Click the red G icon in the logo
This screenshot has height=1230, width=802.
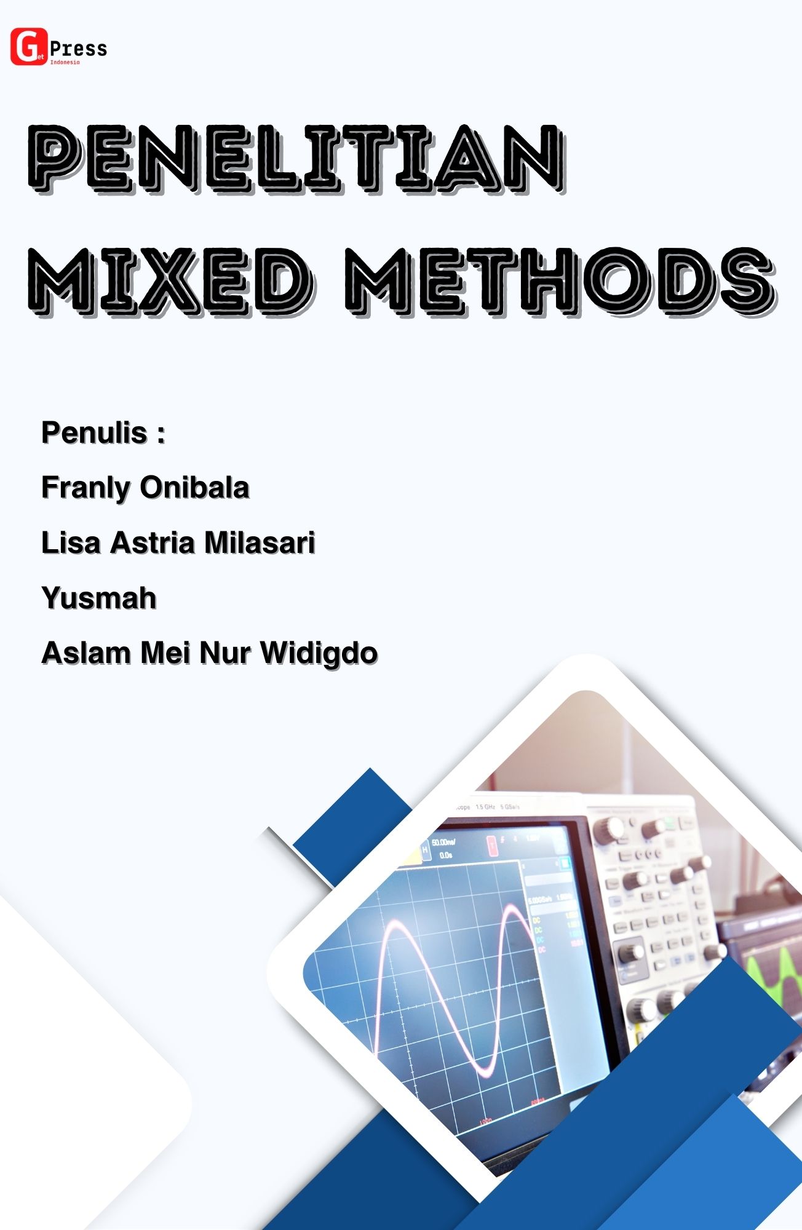[x=28, y=47]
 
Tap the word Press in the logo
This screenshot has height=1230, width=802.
[x=79, y=48]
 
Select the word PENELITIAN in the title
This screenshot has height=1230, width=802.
[x=296, y=158]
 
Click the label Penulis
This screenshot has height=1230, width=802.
[x=94, y=433]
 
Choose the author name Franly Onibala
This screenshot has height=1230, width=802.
[x=145, y=488]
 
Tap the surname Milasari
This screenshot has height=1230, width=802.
[x=260, y=543]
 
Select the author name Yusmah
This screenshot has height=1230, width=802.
[x=99, y=598]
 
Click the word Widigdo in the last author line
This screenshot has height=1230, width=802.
[x=319, y=653]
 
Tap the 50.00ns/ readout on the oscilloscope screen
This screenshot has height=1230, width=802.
[x=443, y=843]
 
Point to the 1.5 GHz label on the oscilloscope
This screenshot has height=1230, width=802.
[x=485, y=806]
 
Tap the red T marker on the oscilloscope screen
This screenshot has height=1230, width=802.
[x=493, y=846]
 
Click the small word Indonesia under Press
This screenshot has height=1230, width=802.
[x=65, y=62]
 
